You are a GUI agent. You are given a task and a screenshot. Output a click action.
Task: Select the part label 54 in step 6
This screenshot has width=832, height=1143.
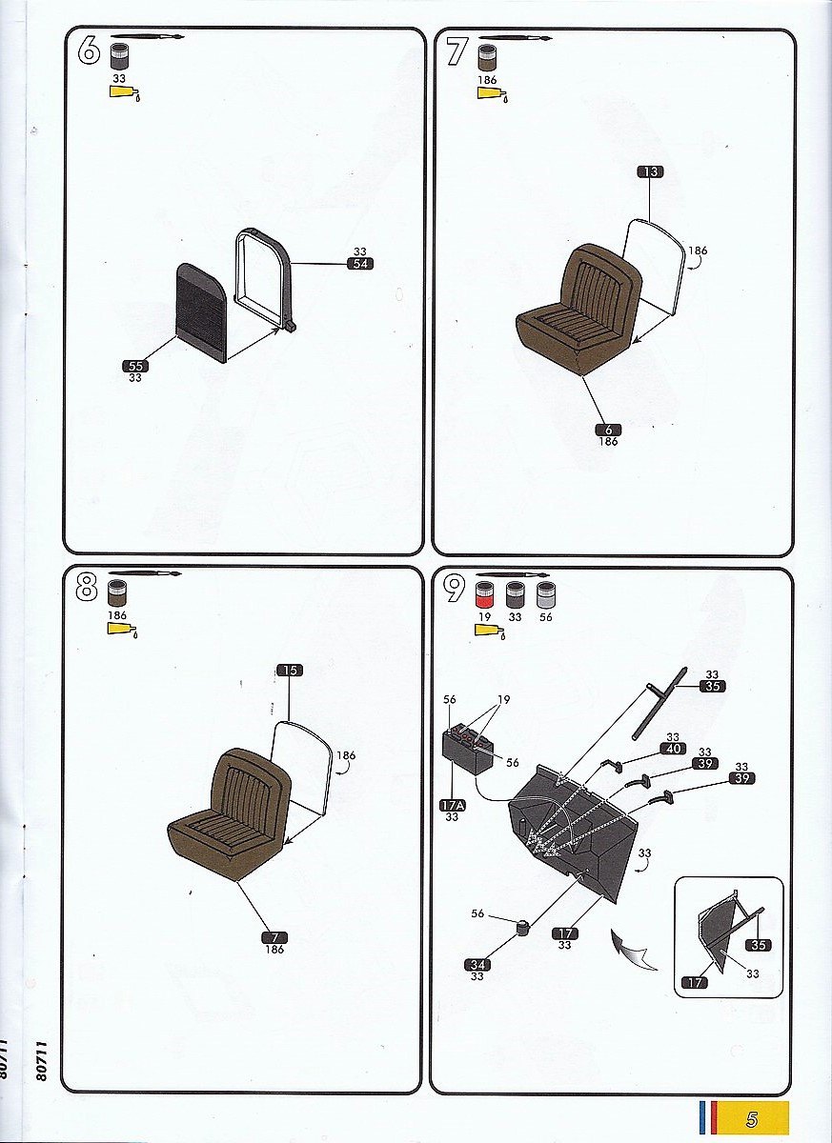(360, 264)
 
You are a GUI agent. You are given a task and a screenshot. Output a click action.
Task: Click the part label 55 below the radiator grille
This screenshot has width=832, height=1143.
(135, 366)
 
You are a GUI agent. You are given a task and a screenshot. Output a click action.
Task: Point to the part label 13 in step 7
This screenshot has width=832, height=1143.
(650, 172)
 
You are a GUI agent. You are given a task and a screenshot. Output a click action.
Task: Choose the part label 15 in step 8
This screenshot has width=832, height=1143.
(290, 670)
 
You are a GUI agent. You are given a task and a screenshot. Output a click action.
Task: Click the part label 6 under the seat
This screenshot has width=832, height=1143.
(608, 430)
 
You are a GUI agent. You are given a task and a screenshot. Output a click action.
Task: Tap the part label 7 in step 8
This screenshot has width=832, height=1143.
(274, 938)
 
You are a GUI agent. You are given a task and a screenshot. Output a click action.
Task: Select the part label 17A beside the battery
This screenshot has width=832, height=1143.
(454, 805)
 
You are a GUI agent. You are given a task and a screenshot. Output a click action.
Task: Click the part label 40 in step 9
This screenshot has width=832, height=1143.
(673, 749)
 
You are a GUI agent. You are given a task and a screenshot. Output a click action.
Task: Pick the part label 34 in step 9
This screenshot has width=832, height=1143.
(477, 965)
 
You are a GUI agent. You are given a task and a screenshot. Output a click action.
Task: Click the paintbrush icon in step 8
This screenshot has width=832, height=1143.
(145, 574)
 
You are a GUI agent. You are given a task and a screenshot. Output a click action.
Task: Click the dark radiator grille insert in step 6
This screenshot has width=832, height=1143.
(200, 312)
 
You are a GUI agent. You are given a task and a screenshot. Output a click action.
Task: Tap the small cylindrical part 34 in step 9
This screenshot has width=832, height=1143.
(521, 926)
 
